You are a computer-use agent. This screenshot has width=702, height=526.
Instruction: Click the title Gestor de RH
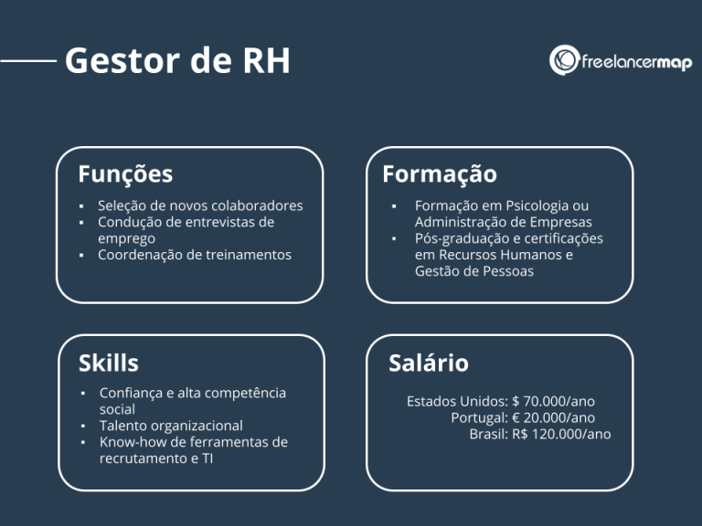coord(177,60)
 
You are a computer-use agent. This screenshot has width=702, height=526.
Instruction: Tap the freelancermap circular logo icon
coord(564,60)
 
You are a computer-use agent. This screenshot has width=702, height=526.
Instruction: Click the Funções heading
coord(125,174)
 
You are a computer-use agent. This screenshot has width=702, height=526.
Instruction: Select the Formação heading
coord(440,174)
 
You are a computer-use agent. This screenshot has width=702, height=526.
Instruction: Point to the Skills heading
coord(109,363)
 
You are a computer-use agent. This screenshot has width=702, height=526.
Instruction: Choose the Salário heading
coord(429,363)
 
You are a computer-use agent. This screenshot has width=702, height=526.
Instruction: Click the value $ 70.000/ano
coord(554,401)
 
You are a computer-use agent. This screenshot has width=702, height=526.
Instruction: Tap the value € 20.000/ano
coord(553,417)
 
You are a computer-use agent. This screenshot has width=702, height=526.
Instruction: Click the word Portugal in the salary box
coord(478,417)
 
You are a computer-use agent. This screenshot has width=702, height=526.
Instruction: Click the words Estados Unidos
coord(455,401)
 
